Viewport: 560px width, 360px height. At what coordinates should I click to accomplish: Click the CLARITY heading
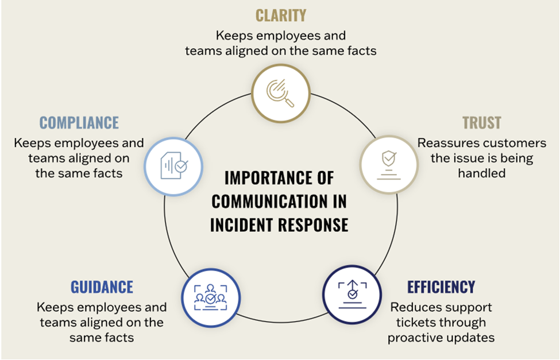[x=281, y=15]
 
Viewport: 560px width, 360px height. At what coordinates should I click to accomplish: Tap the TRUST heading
[x=481, y=123]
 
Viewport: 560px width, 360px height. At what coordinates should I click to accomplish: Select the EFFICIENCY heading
[x=441, y=287]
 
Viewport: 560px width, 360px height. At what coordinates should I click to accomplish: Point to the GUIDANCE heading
[x=102, y=287]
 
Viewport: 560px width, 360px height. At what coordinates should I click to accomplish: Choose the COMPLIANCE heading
[x=79, y=122]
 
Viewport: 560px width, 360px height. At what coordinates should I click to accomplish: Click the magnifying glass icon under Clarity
[x=281, y=92]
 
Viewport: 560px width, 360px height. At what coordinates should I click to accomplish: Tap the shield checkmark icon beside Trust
[x=388, y=164]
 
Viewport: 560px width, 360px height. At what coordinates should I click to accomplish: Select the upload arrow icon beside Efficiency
[x=352, y=295]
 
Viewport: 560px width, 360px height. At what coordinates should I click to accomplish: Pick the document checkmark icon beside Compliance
[x=173, y=165]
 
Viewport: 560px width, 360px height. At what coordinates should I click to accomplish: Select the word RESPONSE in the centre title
[x=313, y=224]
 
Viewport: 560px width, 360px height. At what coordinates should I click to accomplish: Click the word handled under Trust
[x=481, y=172]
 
